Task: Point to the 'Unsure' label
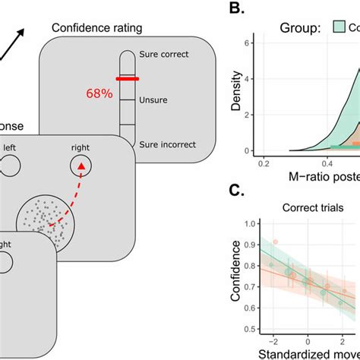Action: pyautogui.click(x=155, y=99)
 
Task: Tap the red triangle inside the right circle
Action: pyautogui.click(x=79, y=166)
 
